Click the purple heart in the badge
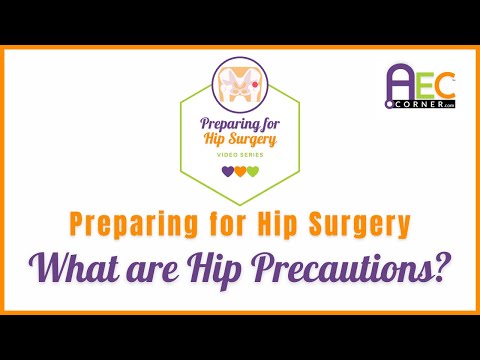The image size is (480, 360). [x=227, y=170]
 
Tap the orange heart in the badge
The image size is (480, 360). [x=240, y=170]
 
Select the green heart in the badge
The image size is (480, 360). [x=253, y=170]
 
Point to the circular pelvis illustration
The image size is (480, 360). [x=240, y=84]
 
